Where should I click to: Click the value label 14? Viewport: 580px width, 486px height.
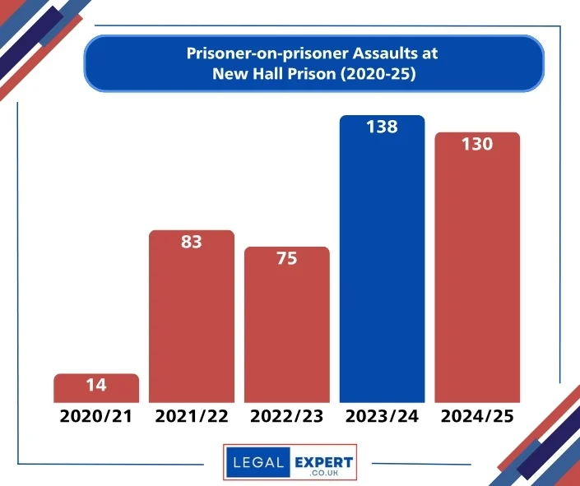pyautogui.click(x=96, y=384)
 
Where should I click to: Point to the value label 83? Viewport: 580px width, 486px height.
pyautogui.click(x=192, y=242)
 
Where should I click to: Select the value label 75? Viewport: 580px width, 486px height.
pyautogui.click(x=287, y=258)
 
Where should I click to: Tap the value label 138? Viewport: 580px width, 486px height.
pyautogui.click(x=383, y=127)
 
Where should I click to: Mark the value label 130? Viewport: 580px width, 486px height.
pyautogui.click(x=477, y=144)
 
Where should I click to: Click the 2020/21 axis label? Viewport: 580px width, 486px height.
pyautogui.click(x=96, y=416)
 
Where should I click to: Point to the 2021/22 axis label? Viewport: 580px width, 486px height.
pyautogui.click(x=192, y=416)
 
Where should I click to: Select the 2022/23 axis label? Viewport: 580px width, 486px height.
pyautogui.click(x=287, y=416)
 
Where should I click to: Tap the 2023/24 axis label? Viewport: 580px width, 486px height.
pyautogui.click(x=383, y=416)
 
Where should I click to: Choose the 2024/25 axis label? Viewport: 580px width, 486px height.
pyautogui.click(x=477, y=416)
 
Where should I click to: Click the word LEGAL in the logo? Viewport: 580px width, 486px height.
pyautogui.click(x=258, y=463)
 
